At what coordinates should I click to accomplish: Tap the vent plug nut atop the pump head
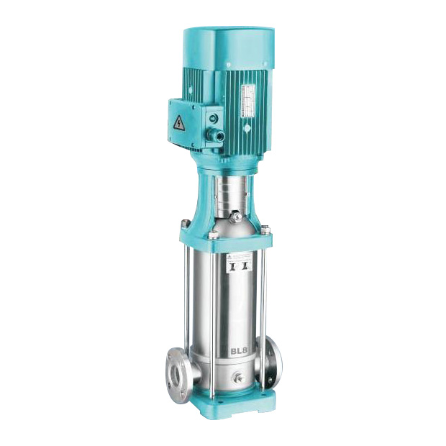click(235, 217)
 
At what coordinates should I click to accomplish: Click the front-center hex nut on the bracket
click(214, 235)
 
